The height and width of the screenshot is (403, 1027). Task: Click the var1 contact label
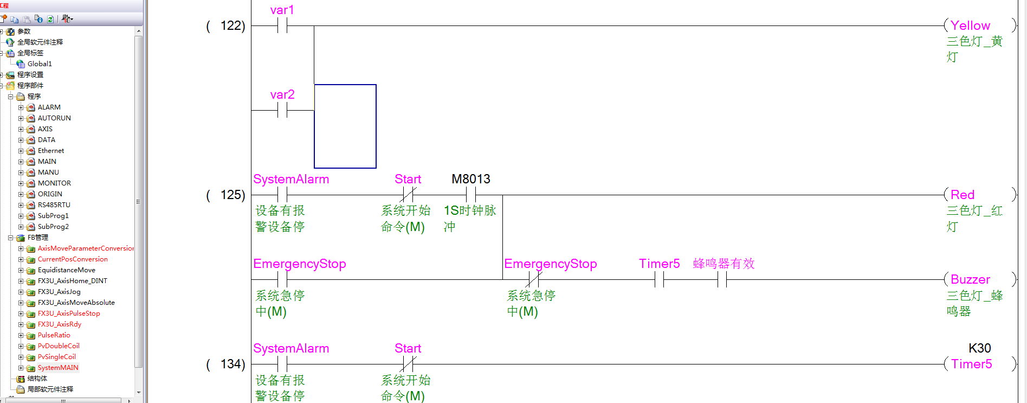(282, 10)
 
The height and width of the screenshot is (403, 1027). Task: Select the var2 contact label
(282, 95)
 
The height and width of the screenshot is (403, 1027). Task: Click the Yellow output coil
(970, 25)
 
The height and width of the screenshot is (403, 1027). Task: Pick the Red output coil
(963, 195)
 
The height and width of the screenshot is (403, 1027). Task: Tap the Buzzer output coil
(970, 279)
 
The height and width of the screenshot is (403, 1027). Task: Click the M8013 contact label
(470, 180)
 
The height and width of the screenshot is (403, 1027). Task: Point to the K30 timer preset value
(979, 348)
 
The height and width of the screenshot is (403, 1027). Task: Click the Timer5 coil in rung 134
(971, 364)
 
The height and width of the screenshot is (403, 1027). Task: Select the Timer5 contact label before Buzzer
(659, 264)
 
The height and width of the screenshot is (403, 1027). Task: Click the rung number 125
(232, 195)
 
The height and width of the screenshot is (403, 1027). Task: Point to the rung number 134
(232, 364)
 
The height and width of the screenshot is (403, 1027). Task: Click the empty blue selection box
(345, 126)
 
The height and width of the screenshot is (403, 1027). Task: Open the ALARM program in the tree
(49, 107)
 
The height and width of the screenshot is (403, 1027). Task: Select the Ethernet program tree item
(51, 151)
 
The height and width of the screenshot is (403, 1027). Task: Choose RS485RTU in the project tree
(54, 205)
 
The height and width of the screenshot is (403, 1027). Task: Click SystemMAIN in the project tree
(58, 368)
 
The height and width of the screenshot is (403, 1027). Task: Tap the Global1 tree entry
(40, 64)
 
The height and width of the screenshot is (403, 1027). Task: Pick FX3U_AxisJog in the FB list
(59, 292)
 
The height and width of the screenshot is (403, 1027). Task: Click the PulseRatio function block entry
(54, 335)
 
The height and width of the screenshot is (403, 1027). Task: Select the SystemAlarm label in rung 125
(291, 180)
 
